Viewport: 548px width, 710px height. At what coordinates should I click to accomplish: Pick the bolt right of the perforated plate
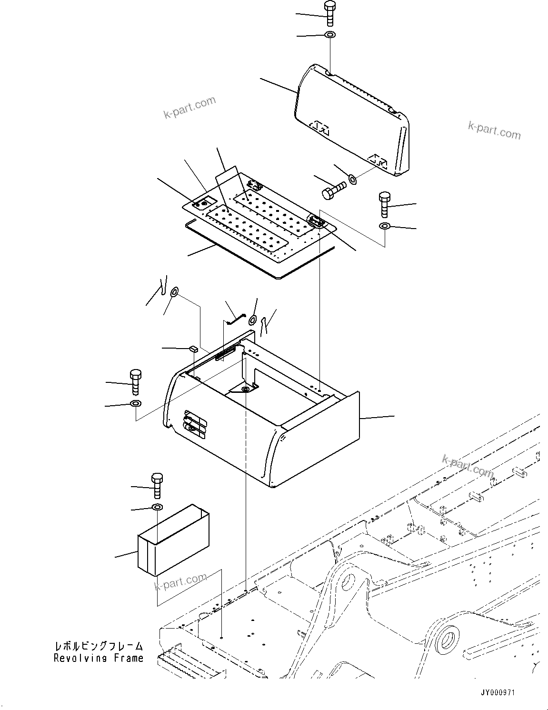pyautogui.click(x=385, y=204)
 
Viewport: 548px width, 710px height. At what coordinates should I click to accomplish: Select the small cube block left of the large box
pyautogui.click(x=193, y=349)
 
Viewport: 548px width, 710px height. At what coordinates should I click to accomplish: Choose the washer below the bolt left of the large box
pyautogui.click(x=135, y=404)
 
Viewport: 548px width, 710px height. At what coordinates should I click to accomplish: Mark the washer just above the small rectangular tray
pyautogui.click(x=157, y=507)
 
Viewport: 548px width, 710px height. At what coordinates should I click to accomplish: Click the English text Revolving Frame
pyautogui.click(x=98, y=659)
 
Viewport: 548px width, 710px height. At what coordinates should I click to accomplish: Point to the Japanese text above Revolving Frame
pyautogui.click(x=98, y=646)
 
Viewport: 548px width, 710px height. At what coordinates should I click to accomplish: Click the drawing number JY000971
pyautogui.click(x=498, y=693)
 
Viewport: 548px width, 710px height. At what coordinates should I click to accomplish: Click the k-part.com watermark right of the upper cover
pyautogui.click(x=494, y=130)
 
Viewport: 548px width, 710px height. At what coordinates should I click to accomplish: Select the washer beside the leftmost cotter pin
pyautogui.click(x=175, y=291)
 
